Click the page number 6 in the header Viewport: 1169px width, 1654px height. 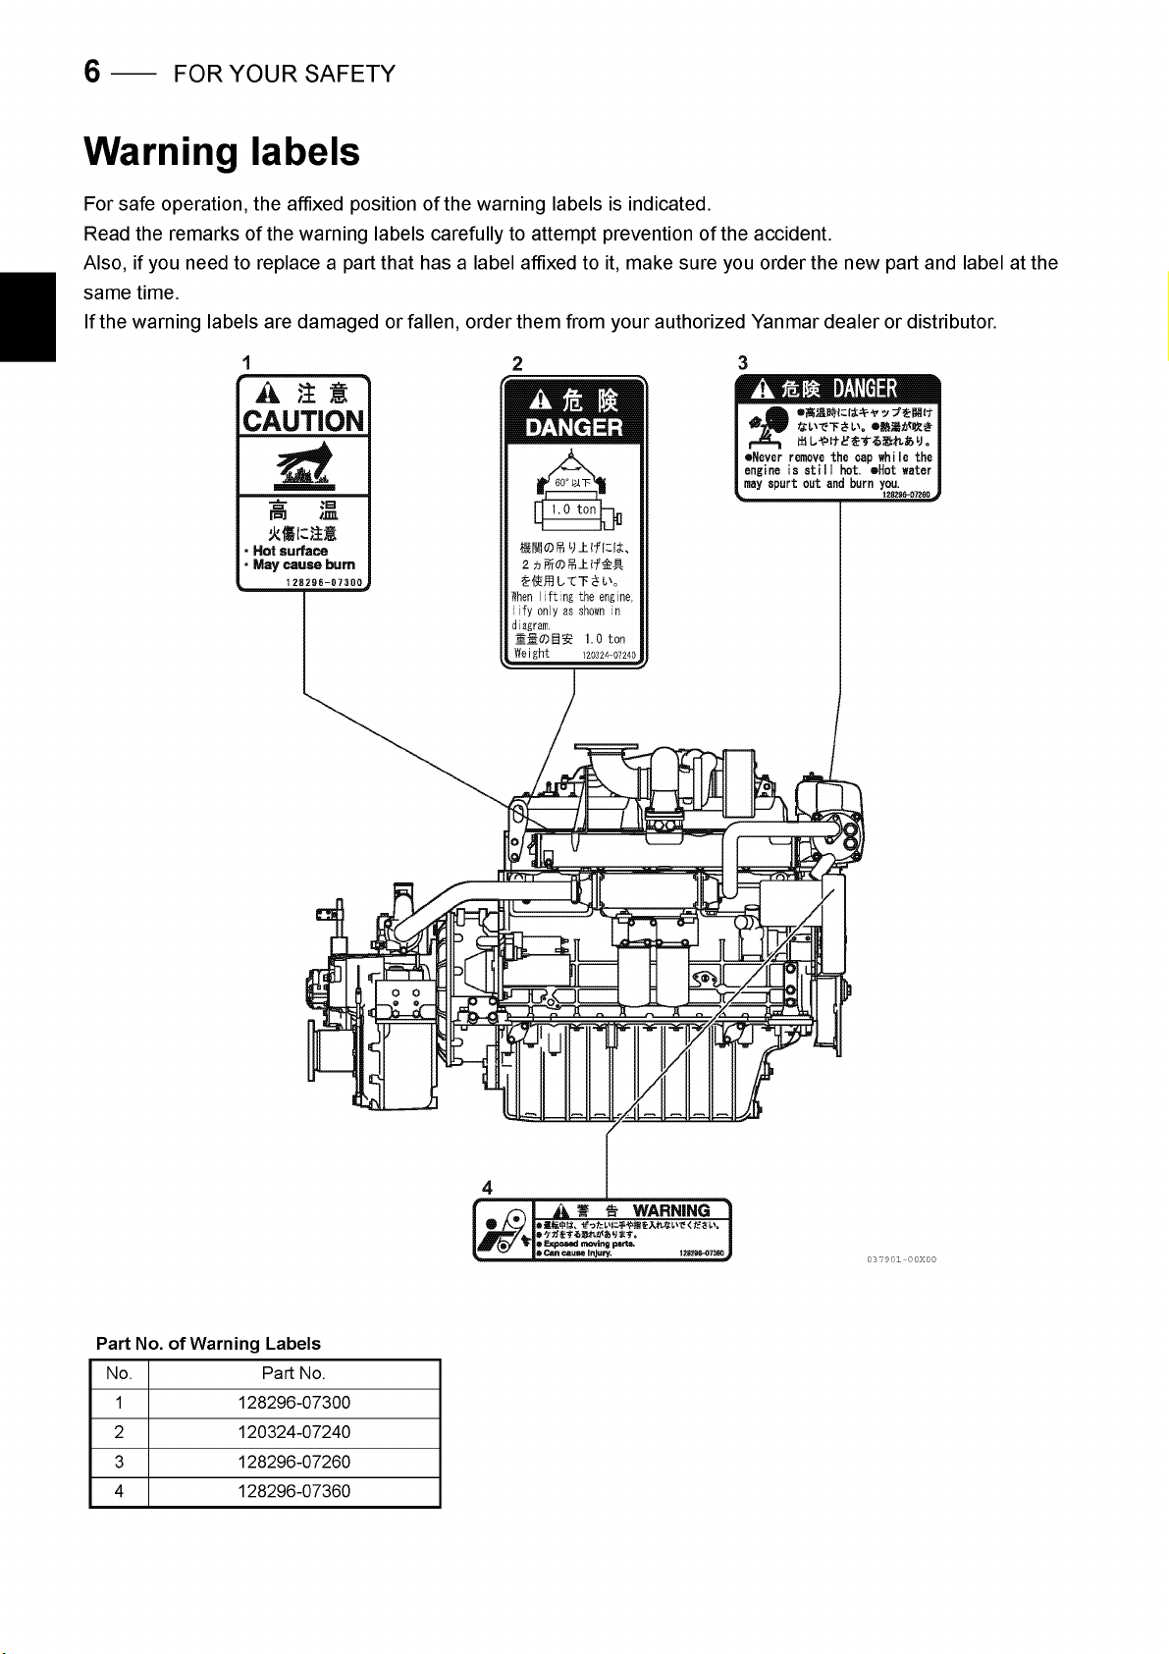pos(92,72)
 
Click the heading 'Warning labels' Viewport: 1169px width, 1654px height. pos(222,152)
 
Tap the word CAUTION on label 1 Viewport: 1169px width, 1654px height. pos(303,422)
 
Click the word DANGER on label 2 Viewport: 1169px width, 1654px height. pos(574,428)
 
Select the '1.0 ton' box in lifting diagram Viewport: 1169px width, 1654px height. pos(573,509)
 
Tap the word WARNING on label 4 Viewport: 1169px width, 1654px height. pos(671,1210)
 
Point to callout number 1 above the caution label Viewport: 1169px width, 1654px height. pos(245,361)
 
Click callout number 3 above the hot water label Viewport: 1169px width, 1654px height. pos(742,362)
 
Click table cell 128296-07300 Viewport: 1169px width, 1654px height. pos(293,1403)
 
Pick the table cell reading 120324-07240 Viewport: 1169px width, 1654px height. pos(293,1432)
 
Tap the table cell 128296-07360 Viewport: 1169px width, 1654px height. pos(293,1491)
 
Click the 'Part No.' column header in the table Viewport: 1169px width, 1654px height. pos(293,1373)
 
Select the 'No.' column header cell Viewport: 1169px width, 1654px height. pos(119,1373)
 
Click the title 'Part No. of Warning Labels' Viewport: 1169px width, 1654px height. pos(208,1343)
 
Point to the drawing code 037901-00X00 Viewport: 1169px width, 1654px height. pos(901,1259)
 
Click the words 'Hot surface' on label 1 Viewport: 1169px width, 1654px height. pos(290,551)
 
